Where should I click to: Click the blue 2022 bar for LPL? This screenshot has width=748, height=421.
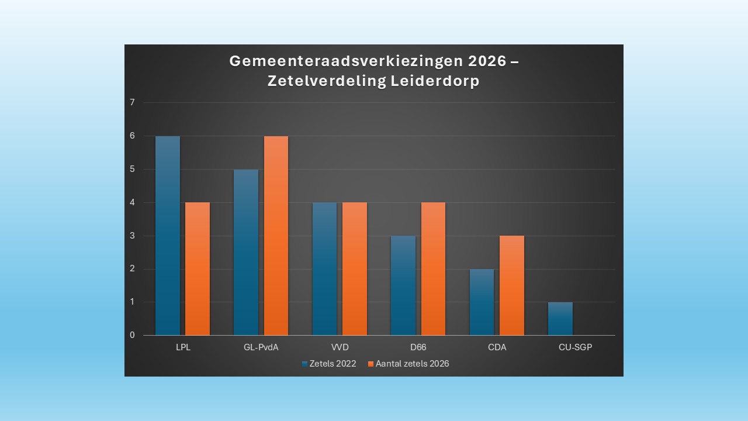(168, 236)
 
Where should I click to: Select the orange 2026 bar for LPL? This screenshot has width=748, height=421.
(198, 269)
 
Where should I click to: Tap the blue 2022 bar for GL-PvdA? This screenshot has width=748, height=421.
(246, 252)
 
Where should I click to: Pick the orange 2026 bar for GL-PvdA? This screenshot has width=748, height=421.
(276, 236)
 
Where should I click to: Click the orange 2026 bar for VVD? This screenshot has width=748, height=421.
(355, 269)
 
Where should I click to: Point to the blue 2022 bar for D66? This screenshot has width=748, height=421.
(403, 285)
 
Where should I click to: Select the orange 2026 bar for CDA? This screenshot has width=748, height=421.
(512, 285)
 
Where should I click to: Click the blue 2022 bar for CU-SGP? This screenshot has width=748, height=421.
(560, 319)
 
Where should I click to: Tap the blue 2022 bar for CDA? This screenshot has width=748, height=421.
(482, 302)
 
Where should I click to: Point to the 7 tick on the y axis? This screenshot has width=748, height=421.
(132, 102)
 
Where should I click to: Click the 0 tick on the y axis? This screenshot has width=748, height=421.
(132, 335)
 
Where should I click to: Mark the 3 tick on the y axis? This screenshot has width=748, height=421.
(132, 236)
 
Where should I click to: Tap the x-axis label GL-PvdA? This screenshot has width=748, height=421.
(261, 347)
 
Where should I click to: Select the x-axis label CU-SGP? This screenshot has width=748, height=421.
(575, 347)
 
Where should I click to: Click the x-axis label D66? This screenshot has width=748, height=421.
(418, 347)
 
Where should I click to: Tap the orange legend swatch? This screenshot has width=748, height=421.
(370, 364)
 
